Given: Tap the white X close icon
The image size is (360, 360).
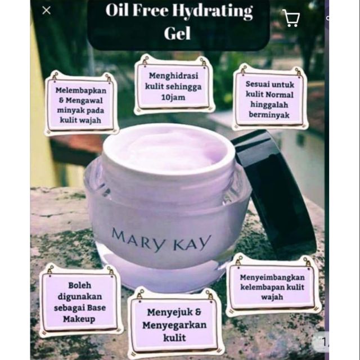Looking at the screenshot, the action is [46, 10].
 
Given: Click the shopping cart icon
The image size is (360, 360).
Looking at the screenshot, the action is [291, 18].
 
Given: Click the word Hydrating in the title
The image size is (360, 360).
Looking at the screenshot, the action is [213, 11].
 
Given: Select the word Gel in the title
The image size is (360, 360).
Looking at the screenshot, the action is [177, 33].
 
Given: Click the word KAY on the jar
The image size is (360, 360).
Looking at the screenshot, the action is [192, 243].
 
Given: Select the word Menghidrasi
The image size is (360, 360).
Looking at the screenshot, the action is [173, 76].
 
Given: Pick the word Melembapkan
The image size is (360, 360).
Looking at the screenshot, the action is [81, 91].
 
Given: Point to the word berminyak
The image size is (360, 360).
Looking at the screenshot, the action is [269, 115].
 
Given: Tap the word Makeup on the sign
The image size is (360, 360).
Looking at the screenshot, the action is [79, 319].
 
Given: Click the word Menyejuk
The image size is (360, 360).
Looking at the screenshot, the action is [170, 313].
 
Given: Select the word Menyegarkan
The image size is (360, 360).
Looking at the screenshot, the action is [174, 326].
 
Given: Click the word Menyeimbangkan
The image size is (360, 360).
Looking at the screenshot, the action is [272, 277].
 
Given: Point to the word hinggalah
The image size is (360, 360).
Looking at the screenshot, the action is [269, 105].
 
